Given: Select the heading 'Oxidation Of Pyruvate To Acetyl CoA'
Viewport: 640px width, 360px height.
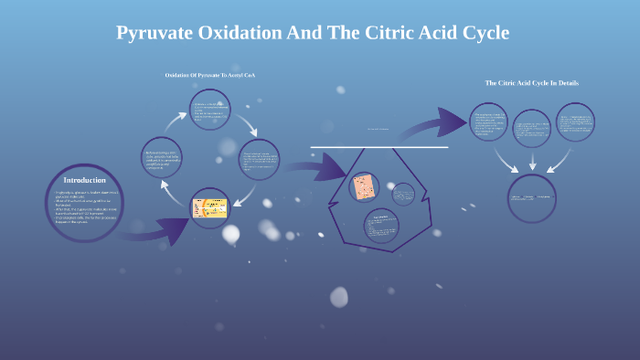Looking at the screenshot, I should [216, 74].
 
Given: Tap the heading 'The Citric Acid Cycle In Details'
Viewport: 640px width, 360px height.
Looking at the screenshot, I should [531, 83].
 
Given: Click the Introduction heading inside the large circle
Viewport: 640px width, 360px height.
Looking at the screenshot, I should [84, 180].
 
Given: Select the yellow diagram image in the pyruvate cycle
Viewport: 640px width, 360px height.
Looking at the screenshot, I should [209, 208].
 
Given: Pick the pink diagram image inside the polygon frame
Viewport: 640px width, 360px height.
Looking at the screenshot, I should [366, 188].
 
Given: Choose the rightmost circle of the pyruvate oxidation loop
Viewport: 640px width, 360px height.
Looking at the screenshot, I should [259, 160].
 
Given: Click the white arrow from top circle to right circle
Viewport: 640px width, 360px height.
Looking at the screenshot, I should [249, 123].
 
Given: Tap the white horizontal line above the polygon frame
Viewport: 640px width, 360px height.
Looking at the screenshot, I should [379, 147].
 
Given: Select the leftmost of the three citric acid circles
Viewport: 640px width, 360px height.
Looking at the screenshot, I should [489, 122].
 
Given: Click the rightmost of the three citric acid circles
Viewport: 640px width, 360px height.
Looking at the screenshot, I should [575, 122].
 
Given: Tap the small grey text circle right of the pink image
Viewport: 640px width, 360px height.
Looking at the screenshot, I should [403, 194].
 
